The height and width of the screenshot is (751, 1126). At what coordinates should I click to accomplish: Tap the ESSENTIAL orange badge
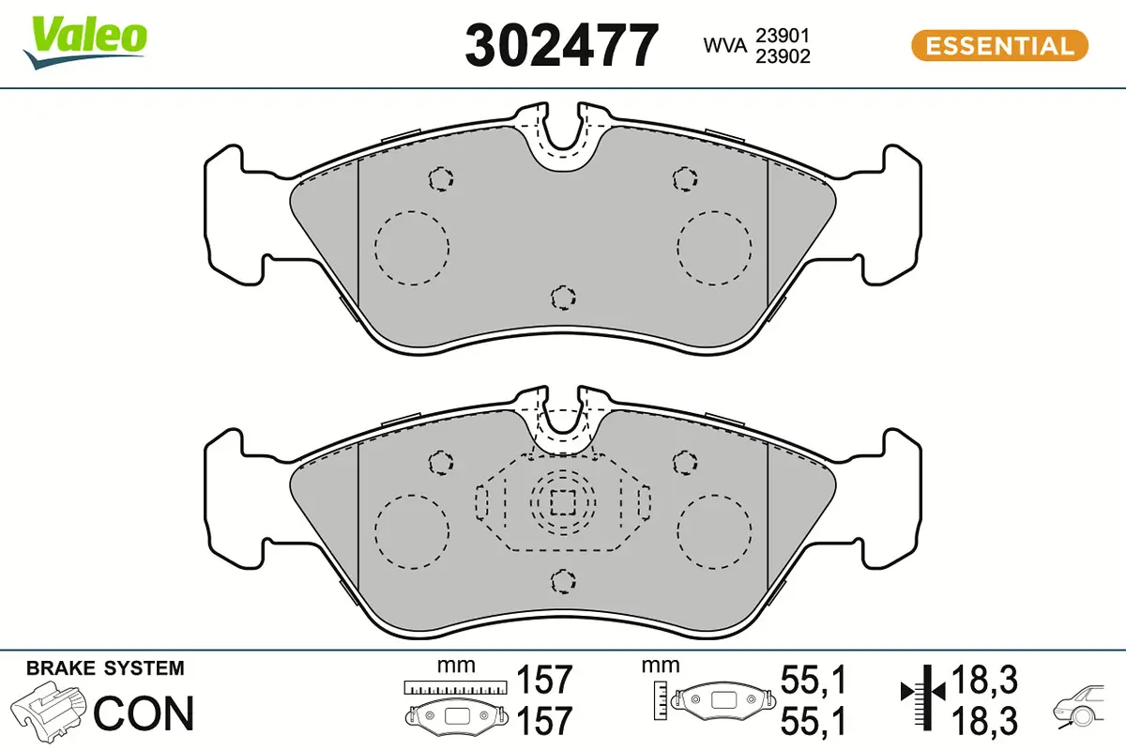[x=999, y=45]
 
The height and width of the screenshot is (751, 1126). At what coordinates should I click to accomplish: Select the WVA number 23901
[x=785, y=36]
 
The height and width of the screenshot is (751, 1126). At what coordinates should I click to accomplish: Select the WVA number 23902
[x=785, y=55]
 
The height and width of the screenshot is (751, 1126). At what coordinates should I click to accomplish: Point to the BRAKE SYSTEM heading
[x=105, y=668]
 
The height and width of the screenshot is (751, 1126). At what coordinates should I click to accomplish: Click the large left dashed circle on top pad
[x=412, y=247]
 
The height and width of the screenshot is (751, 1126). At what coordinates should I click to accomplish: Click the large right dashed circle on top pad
[x=714, y=247]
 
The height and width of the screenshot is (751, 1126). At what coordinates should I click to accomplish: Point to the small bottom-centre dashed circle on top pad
[x=562, y=299]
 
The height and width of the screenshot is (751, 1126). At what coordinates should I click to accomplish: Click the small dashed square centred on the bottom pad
[x=562, y=504]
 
